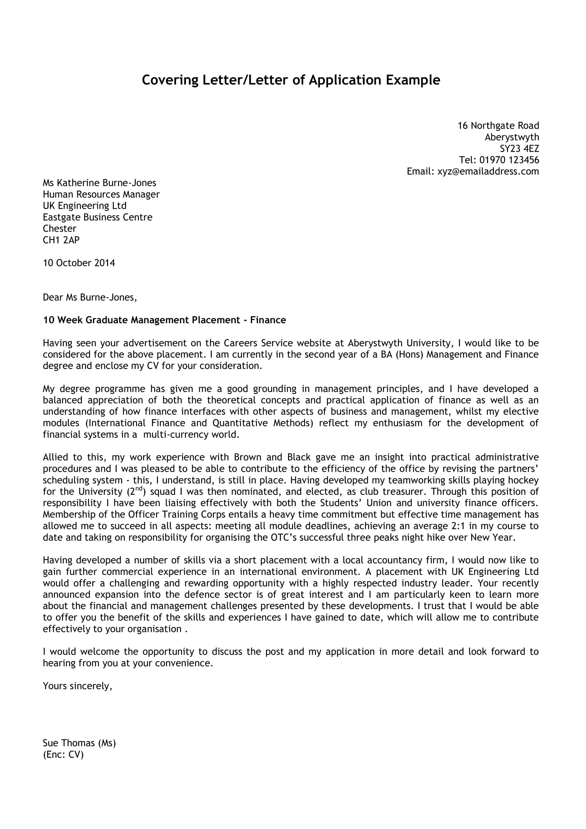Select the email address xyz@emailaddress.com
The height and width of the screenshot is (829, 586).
coord(488,171)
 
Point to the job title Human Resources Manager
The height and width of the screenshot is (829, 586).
coord(101,194)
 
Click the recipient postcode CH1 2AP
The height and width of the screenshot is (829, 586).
coord(61,240)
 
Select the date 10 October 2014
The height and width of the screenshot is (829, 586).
coord(79,263)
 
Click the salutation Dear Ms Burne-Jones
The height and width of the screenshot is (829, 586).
coord(90,297)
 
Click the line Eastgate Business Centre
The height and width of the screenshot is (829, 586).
coord(97,217)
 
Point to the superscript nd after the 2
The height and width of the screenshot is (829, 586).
coord(139,489)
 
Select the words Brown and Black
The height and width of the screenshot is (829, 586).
coord(272,457)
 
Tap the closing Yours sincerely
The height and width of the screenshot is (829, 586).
coord(77,686)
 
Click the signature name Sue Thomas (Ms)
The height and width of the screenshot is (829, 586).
coord(79,743)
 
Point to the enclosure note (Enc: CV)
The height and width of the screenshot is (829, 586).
coord(63,754)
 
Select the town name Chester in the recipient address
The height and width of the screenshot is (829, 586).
coord(60,229)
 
